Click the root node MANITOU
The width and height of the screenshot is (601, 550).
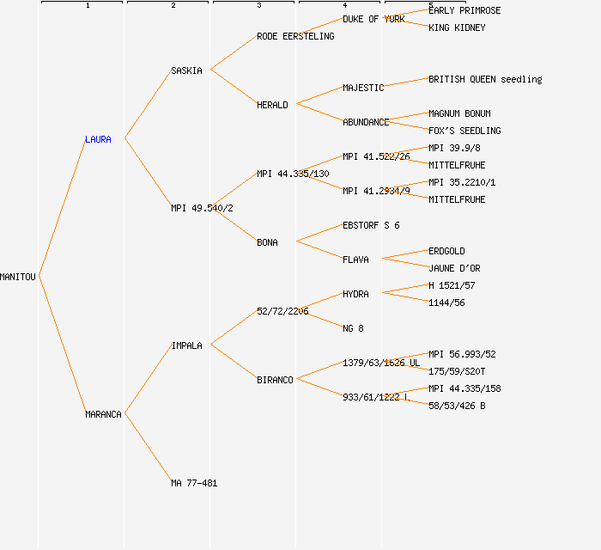18,277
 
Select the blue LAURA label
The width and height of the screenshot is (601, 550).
98,139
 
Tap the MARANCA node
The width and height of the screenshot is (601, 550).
103,414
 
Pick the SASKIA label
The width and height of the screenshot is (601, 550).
186,70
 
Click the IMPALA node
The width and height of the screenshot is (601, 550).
186,345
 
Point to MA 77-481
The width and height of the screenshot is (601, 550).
194,483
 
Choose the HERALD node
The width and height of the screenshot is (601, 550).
272,105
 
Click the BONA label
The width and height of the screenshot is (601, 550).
267,242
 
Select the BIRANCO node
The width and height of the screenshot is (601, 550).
275,380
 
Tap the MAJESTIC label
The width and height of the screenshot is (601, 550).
363,88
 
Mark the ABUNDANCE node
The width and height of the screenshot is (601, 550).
366,122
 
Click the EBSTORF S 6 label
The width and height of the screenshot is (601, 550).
371,225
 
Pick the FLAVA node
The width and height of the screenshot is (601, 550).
355,260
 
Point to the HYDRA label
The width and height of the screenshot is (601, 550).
355,294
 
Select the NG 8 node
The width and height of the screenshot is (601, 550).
353,328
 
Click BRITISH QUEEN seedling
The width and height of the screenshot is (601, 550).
485,79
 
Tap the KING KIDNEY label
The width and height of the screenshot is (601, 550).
457,27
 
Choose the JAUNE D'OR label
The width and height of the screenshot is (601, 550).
454,268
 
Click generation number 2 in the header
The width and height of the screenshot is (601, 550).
173,6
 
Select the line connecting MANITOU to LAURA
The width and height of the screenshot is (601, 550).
62,207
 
